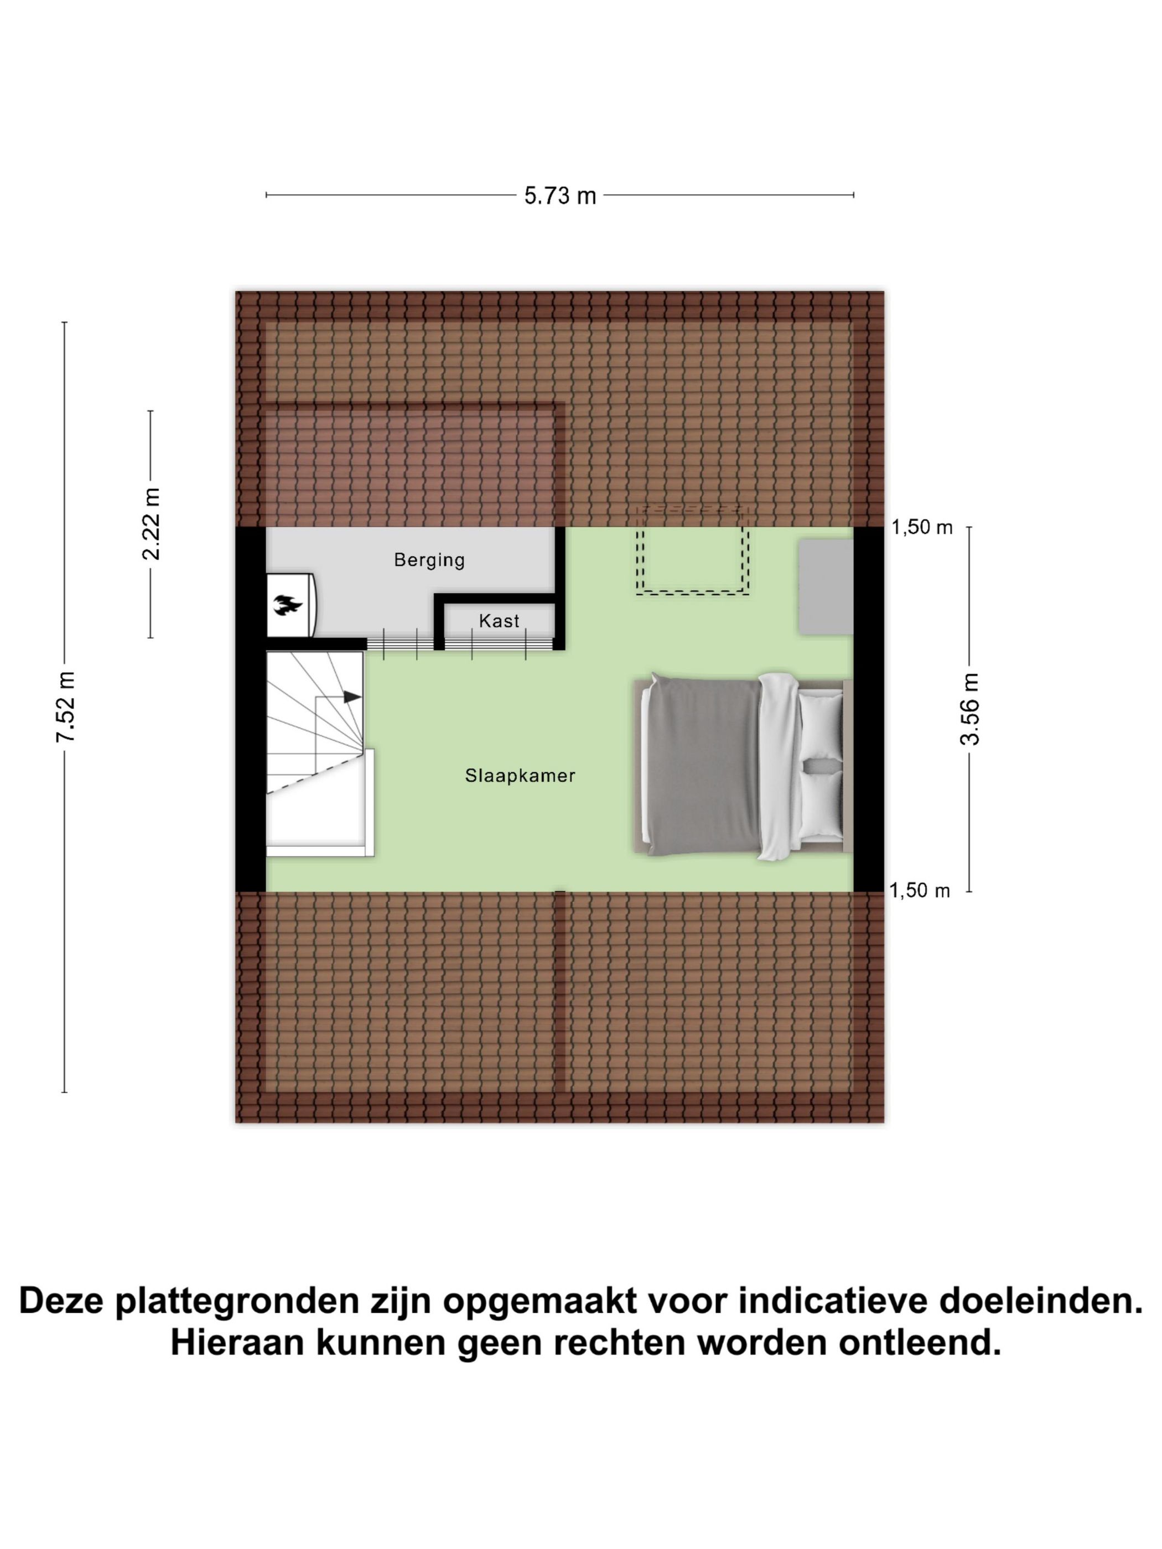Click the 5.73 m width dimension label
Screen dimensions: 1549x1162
[x=559, y=196]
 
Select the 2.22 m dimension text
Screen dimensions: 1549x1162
[x=151, y=524]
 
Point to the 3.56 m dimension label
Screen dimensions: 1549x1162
[x=970, y=708]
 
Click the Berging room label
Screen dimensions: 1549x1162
[x=429, y=559]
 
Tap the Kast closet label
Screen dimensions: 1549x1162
[x=499, y=621]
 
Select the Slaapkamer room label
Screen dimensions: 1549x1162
[x=520, y=775]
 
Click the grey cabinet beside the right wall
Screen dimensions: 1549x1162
[x=825, y=587]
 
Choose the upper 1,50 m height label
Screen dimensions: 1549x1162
[x=922, y=528]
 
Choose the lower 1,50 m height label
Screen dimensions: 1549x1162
[x=920, y=891]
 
